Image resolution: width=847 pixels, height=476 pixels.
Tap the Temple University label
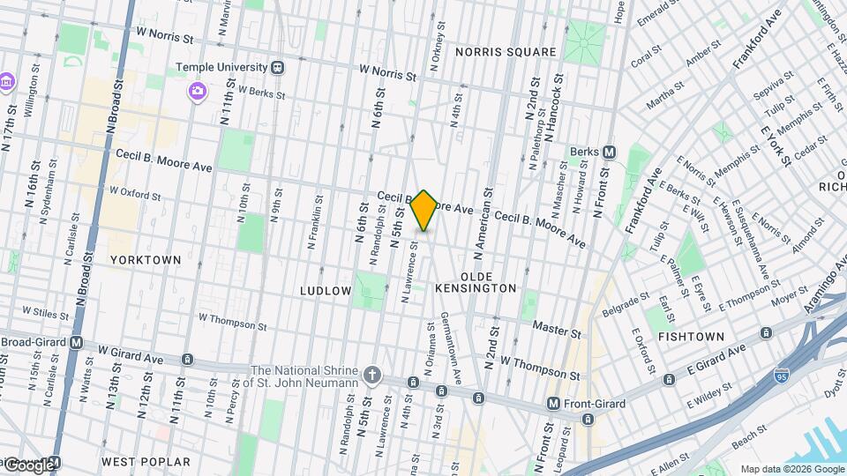click(221, 66)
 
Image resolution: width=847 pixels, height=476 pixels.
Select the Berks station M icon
click(609, 152)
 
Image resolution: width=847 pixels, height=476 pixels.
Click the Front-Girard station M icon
click(553, 404)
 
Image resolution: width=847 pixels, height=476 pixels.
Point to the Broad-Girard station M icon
click(76, 342)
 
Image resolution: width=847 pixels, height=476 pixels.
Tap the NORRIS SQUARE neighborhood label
click(506, 52)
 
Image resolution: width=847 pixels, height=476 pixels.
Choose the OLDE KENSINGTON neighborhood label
click(476, 288)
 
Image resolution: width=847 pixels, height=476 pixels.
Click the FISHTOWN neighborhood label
click(691, 337)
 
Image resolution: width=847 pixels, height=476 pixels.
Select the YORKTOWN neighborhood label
click(146, 260)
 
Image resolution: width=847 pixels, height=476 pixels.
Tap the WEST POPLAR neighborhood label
click(146, 462)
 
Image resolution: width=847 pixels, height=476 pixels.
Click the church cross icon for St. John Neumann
click(373, 376)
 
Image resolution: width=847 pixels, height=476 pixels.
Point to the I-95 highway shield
click(782, 376)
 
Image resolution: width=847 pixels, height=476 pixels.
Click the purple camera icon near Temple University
click(197, 90)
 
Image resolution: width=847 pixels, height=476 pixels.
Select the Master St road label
click(557, 330)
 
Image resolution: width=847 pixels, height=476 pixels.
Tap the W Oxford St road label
click(140, 190)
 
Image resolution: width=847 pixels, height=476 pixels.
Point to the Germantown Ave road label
click(452, 347)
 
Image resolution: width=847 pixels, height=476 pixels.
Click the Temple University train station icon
click(278, 66)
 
